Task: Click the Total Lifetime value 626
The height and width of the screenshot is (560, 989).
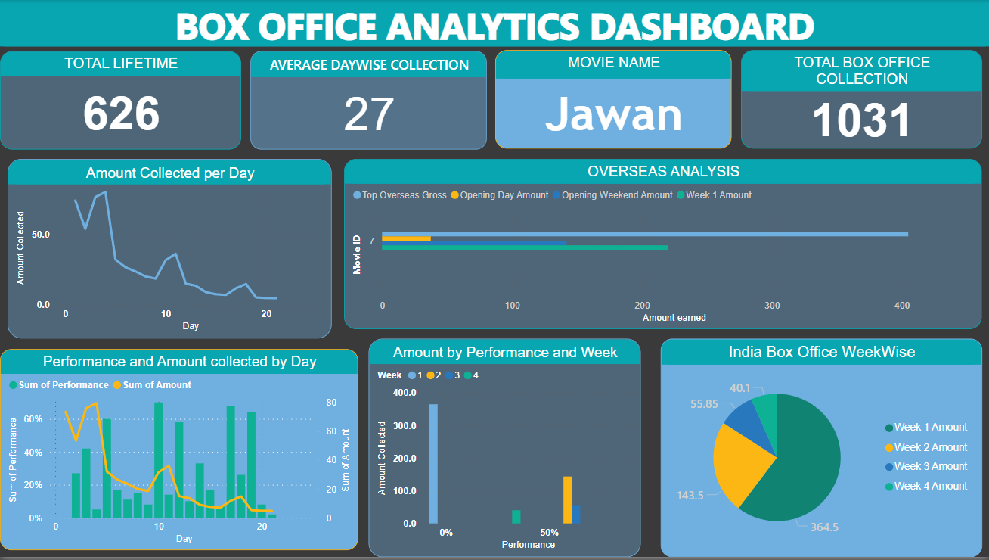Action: tap(121, 114)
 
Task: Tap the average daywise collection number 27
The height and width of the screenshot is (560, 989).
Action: tap(368, 114)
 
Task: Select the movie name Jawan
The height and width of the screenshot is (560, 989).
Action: tap(613, 114)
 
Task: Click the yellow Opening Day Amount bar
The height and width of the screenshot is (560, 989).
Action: tap(406, 238)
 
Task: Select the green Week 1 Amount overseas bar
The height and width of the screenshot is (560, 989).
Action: tap(525, 247)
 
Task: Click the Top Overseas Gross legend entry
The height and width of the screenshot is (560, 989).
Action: tap(400, 195)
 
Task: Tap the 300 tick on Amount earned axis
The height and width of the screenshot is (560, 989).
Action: tap(772, 306)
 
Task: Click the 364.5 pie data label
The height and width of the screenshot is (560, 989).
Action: tap(823, 527)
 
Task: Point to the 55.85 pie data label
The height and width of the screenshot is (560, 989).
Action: tap(704, 404)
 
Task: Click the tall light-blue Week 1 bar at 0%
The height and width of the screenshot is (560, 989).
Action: tap(433, 463)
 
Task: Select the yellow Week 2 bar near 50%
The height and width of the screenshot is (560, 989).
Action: tap(567, 499)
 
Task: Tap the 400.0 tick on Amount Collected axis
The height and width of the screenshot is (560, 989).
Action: tap(405, 393)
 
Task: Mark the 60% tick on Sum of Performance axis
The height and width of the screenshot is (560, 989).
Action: tap(35, 419)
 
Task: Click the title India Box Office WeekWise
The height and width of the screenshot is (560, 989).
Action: tap(822, 352)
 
